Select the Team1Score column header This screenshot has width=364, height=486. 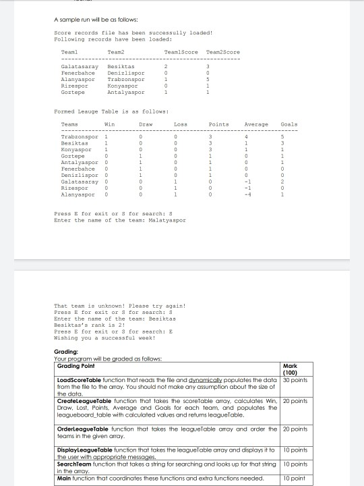coord(181,52)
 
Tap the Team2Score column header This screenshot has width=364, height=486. coord(222,52)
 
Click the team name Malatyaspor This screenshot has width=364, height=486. coord(166,220)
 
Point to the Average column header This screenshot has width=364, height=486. coord(256,124)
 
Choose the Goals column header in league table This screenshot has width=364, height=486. coord(289,124)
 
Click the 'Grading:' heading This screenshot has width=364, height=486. coord(65,352)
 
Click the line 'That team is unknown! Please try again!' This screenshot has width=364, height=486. coord(119,306)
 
